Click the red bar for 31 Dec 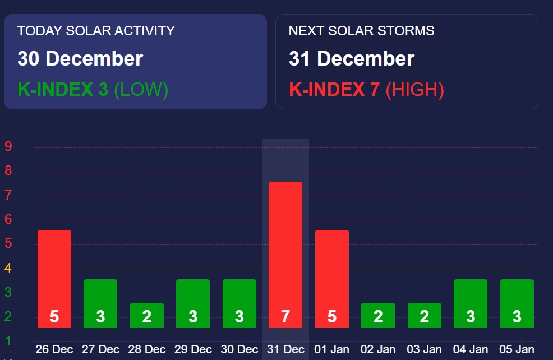(x=285, y=255)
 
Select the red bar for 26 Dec (x=54, y=279)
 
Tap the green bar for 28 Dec (x=147, y=315)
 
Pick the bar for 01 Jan (x=332, y=279)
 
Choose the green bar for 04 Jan (x=471, y=303)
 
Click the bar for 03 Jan (x=424, y=315)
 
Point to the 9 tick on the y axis (x=8, y=147)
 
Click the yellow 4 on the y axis (x=8, y=269)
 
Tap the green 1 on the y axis (x=8, y=341)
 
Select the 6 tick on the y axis (x=8, y=220)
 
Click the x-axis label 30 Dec (x=239, y=349)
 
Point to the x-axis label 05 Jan (x=517, y=349)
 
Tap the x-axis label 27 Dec (x=100, y=349)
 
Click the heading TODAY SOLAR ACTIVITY (x=96, y=31)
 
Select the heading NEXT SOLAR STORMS (x=361, y=31)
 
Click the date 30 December (x=80, y=59)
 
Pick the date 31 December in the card (x=352, y=59)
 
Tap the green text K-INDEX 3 (x=63, y=90)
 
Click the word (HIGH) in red (x=415, y=90)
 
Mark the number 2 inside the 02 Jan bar (x=378, y=317)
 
